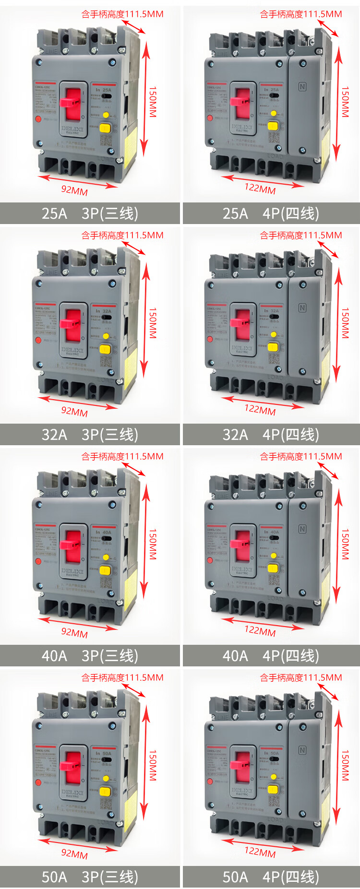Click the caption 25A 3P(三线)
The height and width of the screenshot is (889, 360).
[90, 213]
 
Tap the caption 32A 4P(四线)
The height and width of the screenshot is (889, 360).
[271, 435]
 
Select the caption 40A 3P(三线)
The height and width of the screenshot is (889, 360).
[90, 656]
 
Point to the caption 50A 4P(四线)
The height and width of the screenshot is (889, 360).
[271, 877]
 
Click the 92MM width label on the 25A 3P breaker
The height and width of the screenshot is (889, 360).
[74, 190]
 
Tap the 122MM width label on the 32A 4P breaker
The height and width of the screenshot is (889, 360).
[260, 409]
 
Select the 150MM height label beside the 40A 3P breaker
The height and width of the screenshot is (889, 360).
[153, 544]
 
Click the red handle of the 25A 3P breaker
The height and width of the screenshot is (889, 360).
[73, 101]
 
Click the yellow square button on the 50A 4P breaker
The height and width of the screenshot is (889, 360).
[273, 789]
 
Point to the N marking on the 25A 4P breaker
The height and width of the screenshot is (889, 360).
[302, 87]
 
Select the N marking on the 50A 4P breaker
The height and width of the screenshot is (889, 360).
[302, 750]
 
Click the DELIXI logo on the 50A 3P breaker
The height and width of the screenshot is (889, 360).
[72, 793]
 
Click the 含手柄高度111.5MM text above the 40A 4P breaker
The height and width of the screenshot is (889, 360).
[301, 456]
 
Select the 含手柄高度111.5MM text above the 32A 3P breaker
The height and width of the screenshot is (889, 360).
[122, 235]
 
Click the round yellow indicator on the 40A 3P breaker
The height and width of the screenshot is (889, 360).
[106, 557]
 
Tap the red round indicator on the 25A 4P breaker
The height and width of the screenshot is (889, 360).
[210, 118]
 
